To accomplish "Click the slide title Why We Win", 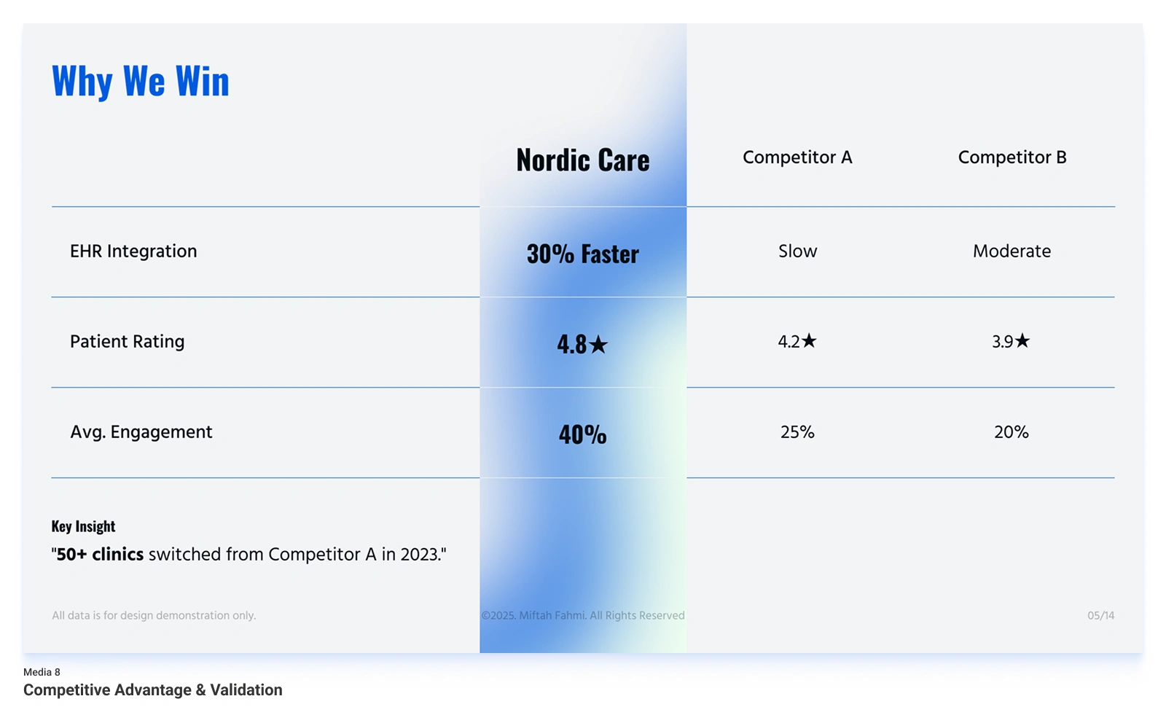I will pos(141,81).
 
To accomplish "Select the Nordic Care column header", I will pos(582,160).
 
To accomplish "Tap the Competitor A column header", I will pos(797,157).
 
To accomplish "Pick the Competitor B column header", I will pos(1012,157).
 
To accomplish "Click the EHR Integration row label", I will pos(133,251).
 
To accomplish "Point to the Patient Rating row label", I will pos(127,342).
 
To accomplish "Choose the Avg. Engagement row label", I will pos(141,432).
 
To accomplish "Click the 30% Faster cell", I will pos(582,254).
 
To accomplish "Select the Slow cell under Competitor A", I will pos(797,251).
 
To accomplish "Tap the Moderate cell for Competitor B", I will pos(1012,251).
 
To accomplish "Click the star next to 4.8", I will pos(598,344).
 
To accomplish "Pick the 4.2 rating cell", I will pos(797,341).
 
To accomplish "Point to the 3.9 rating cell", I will pos(1011,341).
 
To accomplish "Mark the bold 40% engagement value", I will pos(582,434).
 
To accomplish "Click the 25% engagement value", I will pos(797,432).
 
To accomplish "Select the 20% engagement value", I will pos(1012,432).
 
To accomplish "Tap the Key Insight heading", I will pos(83,526).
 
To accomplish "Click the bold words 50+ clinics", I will pos(100,555).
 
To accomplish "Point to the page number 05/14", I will pos(1100,616).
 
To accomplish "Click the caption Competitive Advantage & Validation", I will pos(152,690).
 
